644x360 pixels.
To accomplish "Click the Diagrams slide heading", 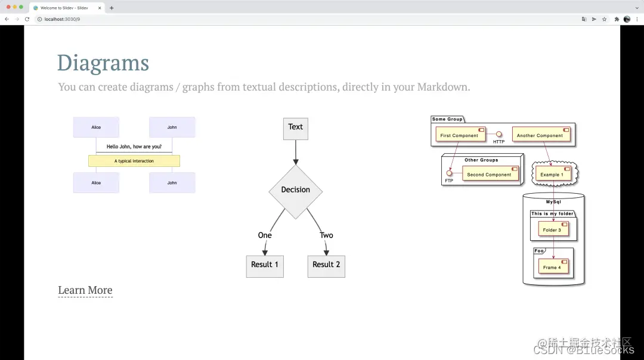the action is click(x=103, y=63).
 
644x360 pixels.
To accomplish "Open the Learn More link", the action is click(x=85, y=290).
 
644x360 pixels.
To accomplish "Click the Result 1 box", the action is click(x=265, y=265).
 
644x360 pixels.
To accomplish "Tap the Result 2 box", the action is click(x=326, y=265).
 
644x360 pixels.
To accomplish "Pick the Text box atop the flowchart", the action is click(x=296, y=128).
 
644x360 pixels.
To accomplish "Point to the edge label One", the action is click(x=265, y=235).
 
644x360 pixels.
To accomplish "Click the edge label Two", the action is click(x=326, y=235).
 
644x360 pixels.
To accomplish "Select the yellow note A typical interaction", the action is click(x=134, y=161).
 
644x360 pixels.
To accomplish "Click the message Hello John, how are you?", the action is click(x=134, y=147).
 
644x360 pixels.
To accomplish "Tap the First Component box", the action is click(x=459, y=135).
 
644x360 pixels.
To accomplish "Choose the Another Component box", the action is click(x=540, y=135).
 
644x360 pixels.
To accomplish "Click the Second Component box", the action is click(x=489, y=175).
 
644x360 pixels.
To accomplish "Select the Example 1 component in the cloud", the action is click(x=552, y=174).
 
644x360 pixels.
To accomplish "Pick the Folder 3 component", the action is click(x=552, y=229).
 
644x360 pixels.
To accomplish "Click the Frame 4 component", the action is click(x=552, y=267).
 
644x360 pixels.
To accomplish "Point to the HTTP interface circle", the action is click(x=499, y=134).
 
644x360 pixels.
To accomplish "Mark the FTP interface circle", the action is click(x=449, y=173).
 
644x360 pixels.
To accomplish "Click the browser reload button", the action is click(x=27, y=19).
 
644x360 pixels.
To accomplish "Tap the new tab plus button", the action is click(x=112, y=8).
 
